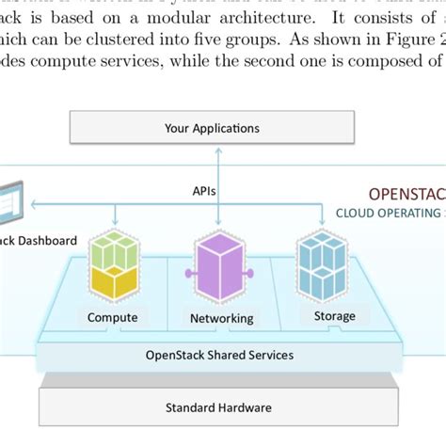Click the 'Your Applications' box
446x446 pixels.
pos(212,128)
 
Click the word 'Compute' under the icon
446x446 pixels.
pos(112,317)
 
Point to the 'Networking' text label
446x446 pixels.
pos(221,318)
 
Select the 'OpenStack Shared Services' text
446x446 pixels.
pos(219,355)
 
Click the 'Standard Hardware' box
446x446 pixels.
pos(218,406)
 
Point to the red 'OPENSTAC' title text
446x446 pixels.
pos(406,194)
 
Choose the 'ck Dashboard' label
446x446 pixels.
pos(39,241)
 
